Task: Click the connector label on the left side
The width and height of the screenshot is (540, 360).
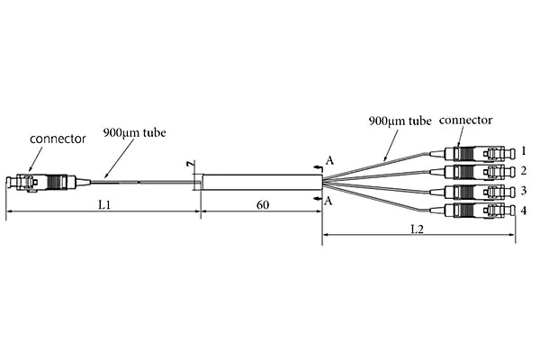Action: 58,139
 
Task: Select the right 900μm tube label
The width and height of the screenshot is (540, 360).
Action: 400,119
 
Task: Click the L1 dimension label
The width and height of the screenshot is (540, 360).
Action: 104,205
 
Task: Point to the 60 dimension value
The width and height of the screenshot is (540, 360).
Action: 263,205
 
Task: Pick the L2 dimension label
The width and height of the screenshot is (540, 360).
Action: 418,229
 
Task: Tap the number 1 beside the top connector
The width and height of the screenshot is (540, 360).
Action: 523,149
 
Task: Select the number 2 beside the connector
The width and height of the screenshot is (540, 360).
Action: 523,170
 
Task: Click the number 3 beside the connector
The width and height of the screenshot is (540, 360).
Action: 523,191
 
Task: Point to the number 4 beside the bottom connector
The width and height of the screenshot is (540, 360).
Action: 523,211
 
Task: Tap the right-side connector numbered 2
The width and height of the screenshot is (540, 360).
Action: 477,171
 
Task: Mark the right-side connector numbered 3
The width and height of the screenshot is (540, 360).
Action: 477,191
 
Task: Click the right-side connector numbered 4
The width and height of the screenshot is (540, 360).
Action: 477,211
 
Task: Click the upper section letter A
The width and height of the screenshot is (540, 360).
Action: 330,160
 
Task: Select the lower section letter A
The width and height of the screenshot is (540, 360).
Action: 330,201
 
